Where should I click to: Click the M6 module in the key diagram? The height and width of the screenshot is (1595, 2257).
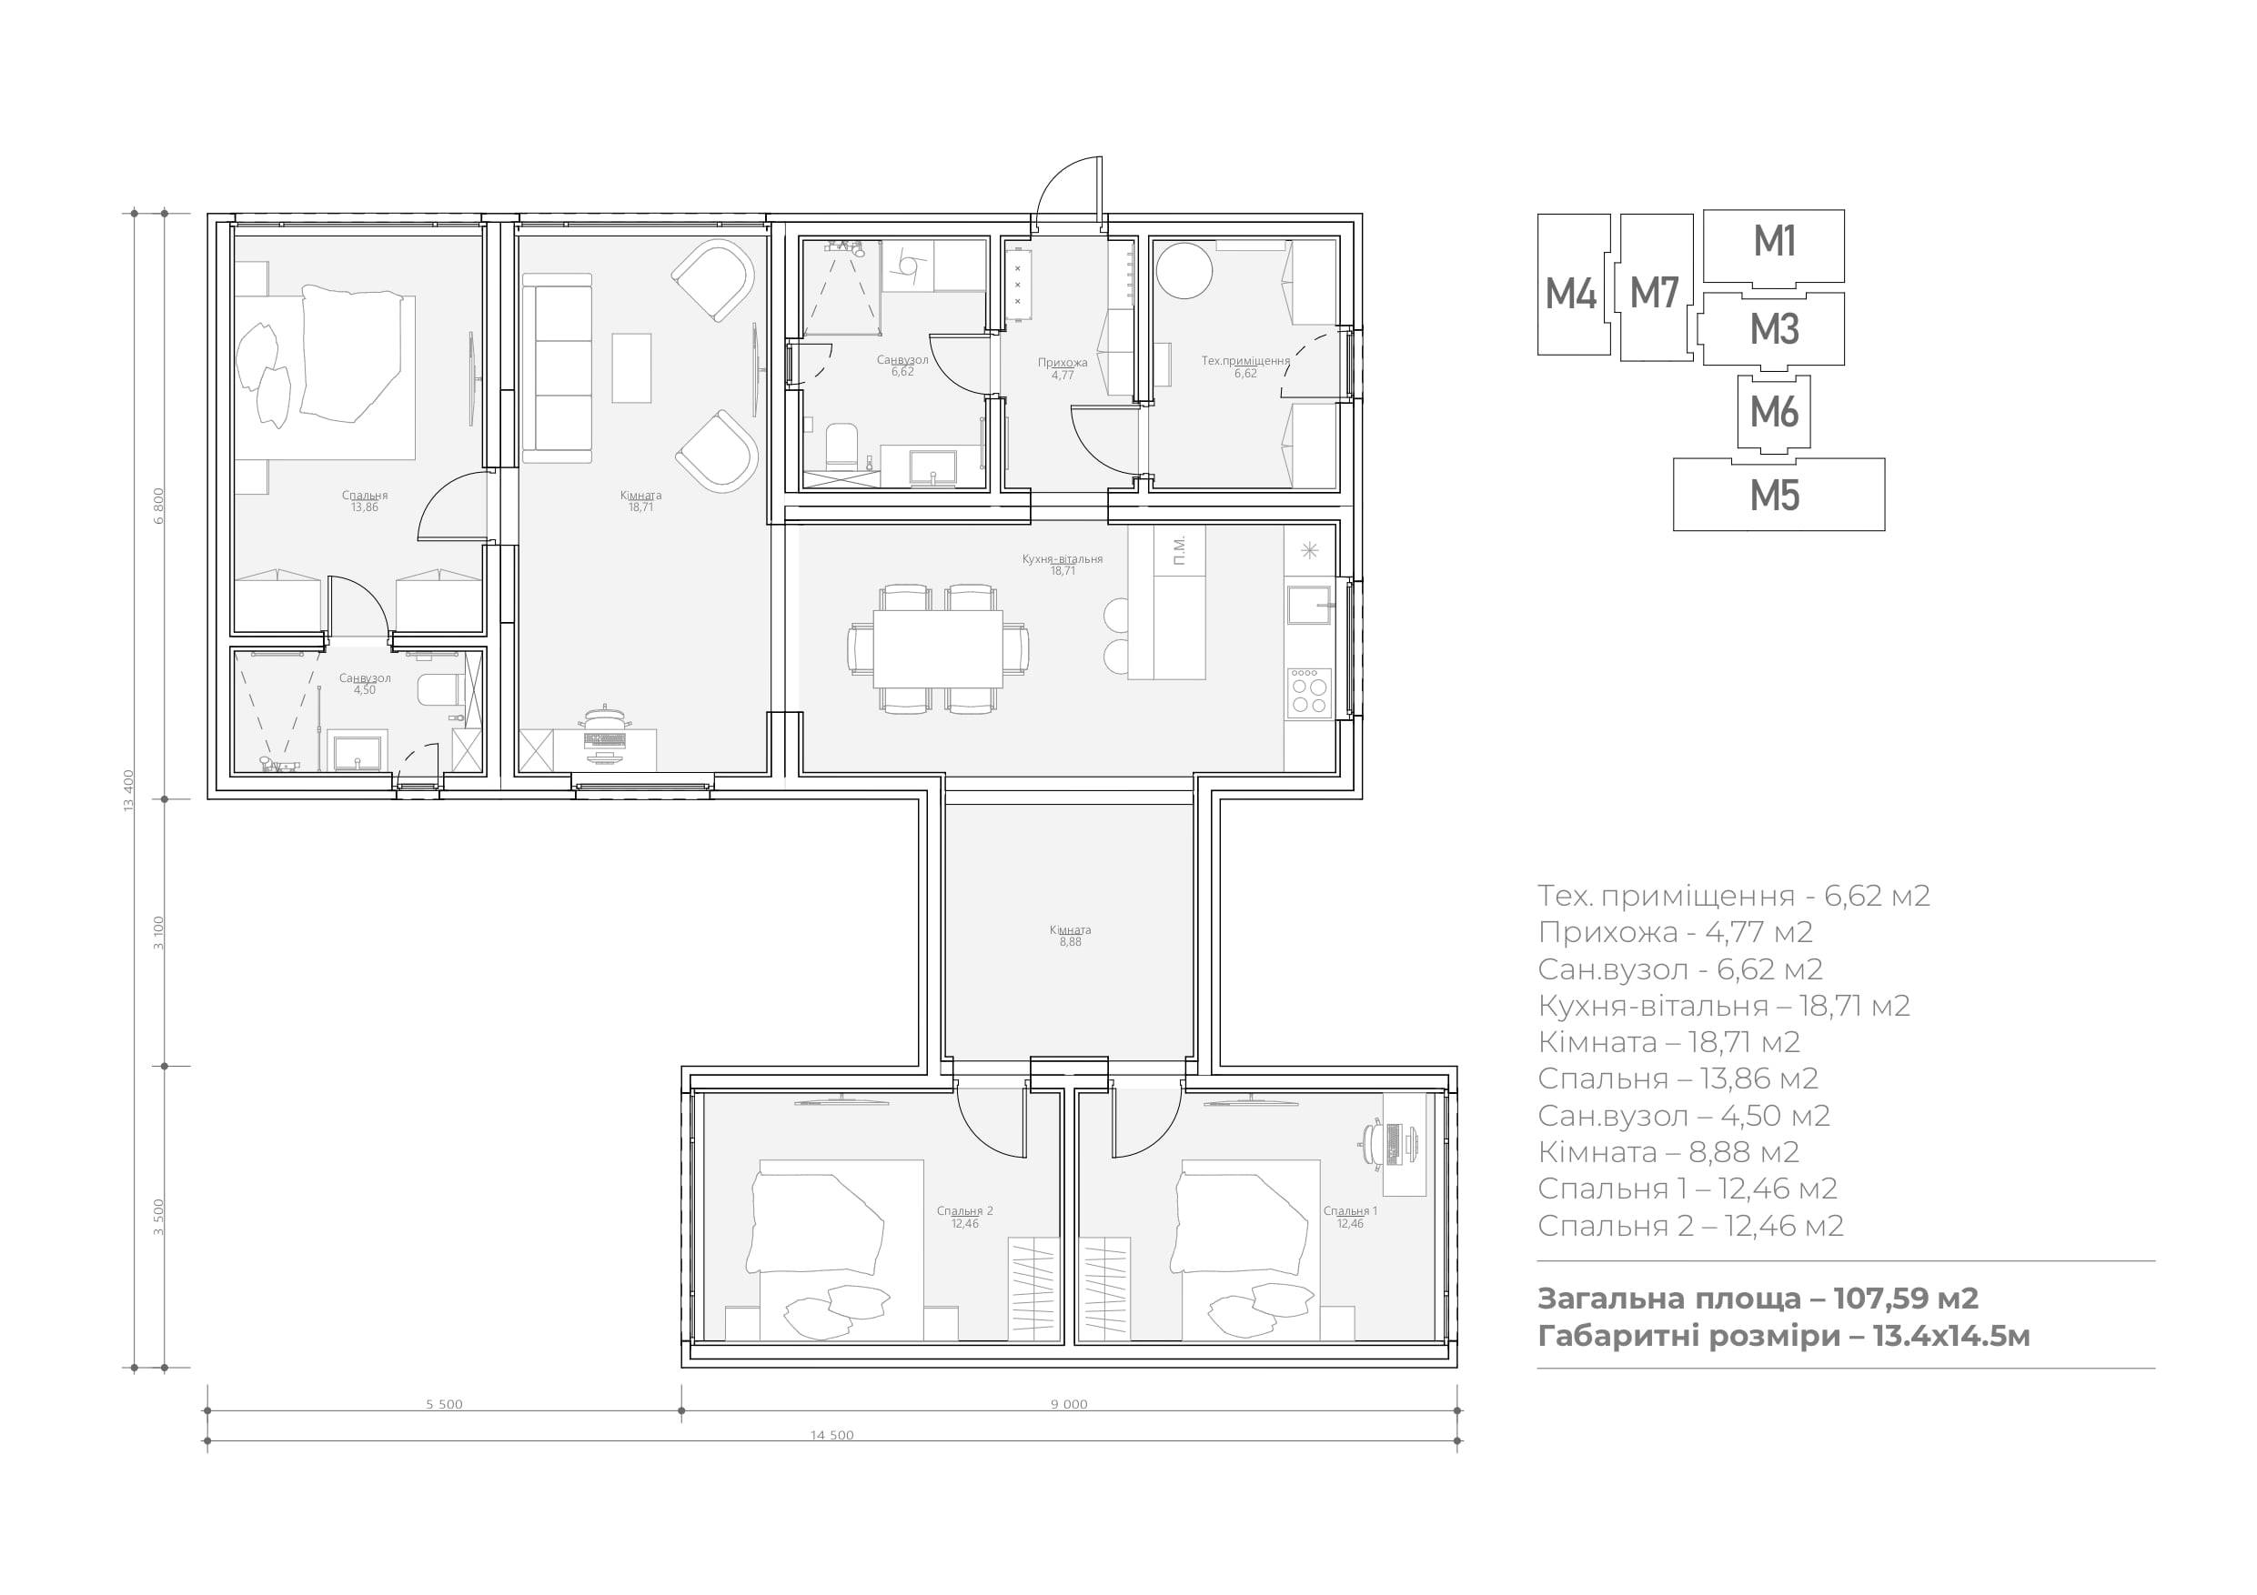1773,414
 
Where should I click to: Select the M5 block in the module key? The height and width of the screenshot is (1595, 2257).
1778,495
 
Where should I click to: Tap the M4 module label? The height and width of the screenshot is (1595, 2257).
1571,294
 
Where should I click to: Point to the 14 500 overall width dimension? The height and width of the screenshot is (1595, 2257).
831,1435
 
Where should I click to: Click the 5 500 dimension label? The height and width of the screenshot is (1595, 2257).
444,1404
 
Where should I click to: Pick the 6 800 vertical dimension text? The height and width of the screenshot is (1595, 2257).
159,507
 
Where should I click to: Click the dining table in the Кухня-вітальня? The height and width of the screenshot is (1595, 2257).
938,648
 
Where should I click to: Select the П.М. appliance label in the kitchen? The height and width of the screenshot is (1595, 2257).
1180,550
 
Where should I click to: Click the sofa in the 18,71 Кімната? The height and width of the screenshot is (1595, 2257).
558,367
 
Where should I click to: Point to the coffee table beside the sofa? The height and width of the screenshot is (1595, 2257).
631,367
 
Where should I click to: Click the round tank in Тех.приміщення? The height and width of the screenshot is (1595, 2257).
1184,270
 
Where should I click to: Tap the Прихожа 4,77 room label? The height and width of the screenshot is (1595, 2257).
1063,368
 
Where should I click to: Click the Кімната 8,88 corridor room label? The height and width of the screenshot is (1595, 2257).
1070,936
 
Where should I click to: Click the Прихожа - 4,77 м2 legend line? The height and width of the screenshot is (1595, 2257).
1675,932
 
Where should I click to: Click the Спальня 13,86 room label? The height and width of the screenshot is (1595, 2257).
365,501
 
